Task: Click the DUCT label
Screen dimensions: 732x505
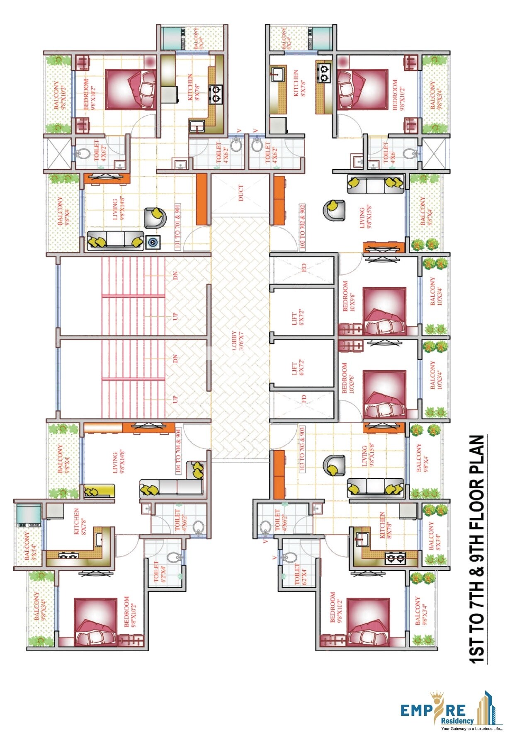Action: click(x=241, y=193)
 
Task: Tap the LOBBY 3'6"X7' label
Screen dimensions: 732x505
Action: click(x=237, y=341)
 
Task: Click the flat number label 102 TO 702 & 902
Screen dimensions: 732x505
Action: click(x=302, y=227)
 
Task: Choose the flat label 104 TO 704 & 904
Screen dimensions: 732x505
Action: click(x=178, y=451)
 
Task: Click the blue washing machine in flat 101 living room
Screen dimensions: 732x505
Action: click(x=152, y=242)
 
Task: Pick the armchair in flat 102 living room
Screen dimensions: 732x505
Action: click(x=334, y=210)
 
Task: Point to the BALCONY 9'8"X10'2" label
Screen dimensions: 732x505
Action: click(x=59, y=95)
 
